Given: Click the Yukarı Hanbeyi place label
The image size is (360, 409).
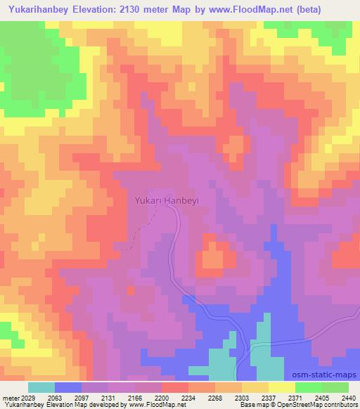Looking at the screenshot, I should click(x=167, y=200).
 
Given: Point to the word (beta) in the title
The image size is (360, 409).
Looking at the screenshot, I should click(x=336, y=9).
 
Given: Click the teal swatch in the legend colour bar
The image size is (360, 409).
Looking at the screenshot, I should click(x=41, y=387).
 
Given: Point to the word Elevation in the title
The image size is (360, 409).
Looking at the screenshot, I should click(x=104, y=9).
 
